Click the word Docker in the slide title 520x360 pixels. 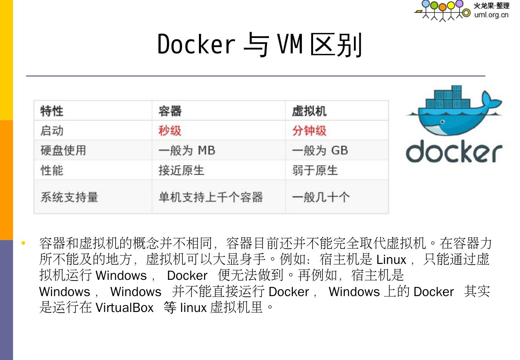[196, 44]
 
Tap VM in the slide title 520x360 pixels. [290, 44]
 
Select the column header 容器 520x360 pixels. [170, 111]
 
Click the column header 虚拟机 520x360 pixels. [309, 111]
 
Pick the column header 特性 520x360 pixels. [52, 111]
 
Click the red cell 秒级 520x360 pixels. [170, 130]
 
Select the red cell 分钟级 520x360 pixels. [309, 130]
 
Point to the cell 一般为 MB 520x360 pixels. [187, 150]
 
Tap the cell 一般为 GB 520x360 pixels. [320, 150]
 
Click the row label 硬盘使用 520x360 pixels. [63, 150]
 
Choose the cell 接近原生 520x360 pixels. [181, 170]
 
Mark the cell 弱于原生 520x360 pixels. [315, 170]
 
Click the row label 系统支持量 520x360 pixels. [69, 197]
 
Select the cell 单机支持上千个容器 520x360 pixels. [211, 197]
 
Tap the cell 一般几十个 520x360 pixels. [321, 197]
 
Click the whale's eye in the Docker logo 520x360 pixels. [442, 122]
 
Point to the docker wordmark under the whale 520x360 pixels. [454, 151]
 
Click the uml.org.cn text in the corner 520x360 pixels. [491, 15]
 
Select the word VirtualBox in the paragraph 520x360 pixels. [125, 308]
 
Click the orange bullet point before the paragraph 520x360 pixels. [23, 243]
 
